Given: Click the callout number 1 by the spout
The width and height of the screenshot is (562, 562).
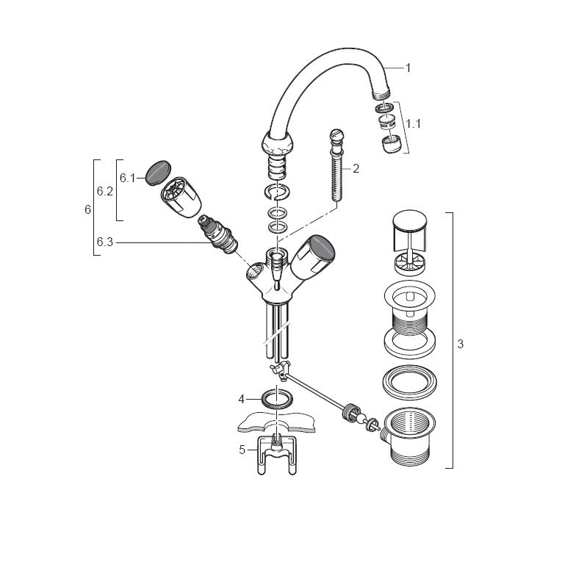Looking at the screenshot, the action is tap(408, 68).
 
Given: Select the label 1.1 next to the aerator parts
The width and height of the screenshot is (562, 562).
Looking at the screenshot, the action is tap(414, 124).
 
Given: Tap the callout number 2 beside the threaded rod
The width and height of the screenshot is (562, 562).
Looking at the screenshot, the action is tap(356, 168).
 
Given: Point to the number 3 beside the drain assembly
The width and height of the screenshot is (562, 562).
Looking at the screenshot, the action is tap(461, 344).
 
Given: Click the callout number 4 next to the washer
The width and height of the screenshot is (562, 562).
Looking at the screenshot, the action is tap(241, 399).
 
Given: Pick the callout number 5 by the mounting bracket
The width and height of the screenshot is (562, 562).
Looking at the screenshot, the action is tap(242, 450).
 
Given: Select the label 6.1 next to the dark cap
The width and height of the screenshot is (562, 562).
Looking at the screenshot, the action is tap(127, 178).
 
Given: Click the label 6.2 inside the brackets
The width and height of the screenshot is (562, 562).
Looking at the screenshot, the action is tap(105, 192).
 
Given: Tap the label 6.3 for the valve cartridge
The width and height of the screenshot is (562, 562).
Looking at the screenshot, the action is tap(105, 242).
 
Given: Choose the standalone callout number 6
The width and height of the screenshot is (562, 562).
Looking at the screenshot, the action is tap(88, 209).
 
